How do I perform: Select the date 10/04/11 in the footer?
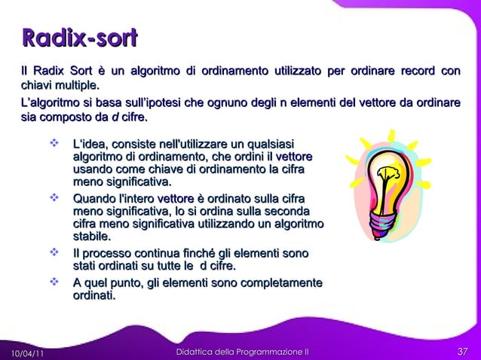(x=26, y=352)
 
